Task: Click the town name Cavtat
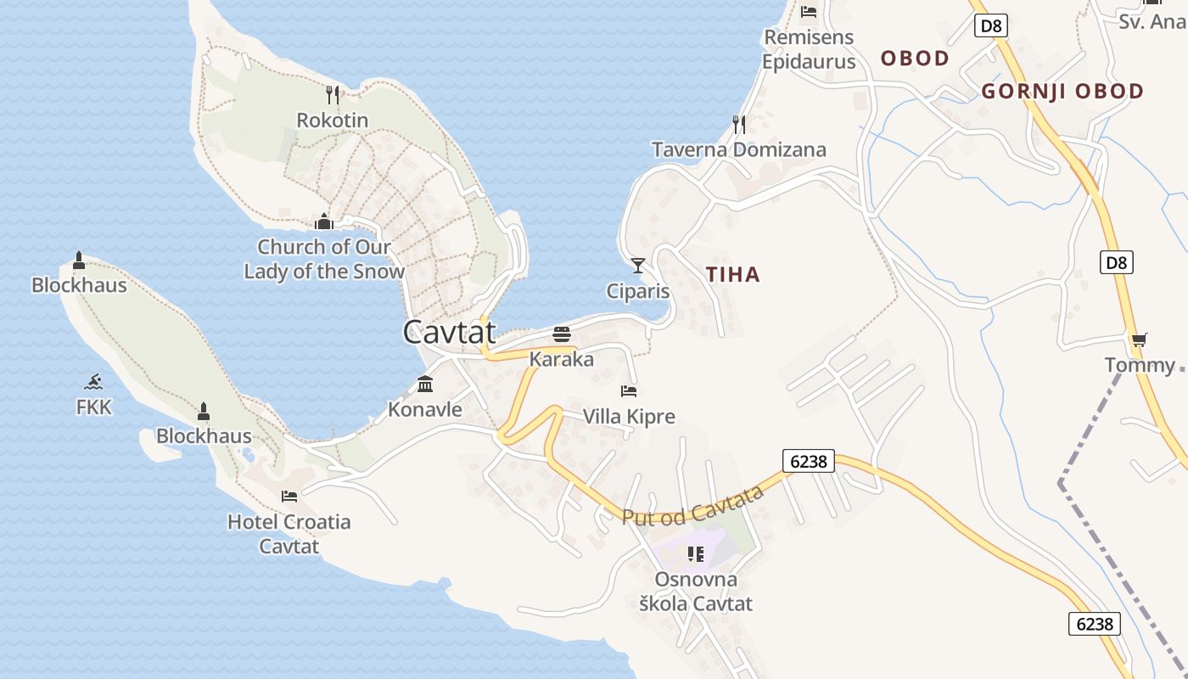click(x=449, y=332)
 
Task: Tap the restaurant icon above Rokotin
click(x=333, y=94)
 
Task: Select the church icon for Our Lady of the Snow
click(x=323, y=222)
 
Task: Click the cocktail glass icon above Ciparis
click(x=638, y=266)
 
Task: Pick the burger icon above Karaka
click(x=561, y=334)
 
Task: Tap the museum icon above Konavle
click(x=425, y=384)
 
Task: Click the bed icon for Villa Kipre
click(x=629, y=391)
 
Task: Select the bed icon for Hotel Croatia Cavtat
click(x=289, y=496)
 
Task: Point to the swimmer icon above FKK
click(x=94, y=382)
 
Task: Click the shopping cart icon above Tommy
click(x=1139, y=340)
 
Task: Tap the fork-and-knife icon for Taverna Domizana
click(x=739, y=125)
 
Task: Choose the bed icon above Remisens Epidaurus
click(x=809, y=12)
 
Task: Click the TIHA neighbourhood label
click(x=733, y=274)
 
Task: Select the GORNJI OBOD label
click(x=1062, y=92)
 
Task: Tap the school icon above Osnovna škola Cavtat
click(x=696, y=554)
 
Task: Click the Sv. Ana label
click(x=1151, y=22)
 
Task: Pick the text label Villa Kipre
click(x=629, y=417)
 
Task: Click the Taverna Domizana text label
click(x=738, y=150)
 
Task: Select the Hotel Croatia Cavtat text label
click(x=289, y=534)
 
